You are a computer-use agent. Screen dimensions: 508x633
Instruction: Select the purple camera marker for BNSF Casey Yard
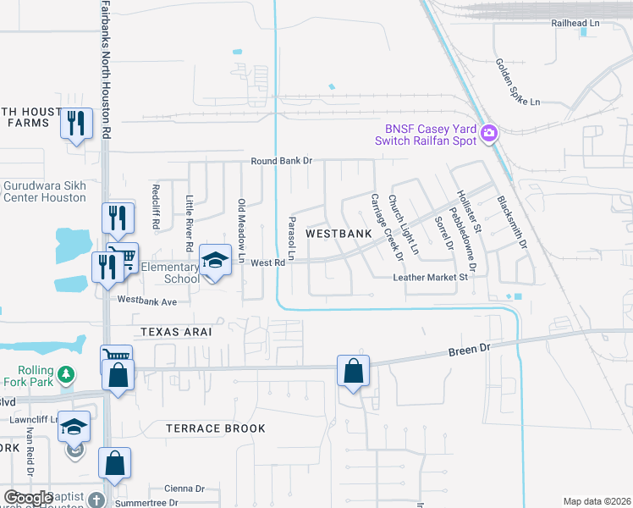pyautogui.click(x=488, y=133)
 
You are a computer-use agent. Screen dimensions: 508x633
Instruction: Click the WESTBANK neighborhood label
pyautogui.click(x=339, y=233)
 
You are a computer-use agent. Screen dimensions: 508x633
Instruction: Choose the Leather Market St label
pyautogui.click(x=430, y=277)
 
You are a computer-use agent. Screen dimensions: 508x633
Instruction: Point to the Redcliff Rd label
pyautogui.click(x=156, y=208)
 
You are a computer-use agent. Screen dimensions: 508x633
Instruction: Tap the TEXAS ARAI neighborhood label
pyautogui.click(x=175, y=333)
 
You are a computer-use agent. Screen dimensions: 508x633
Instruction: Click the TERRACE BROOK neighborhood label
pyautogui.click(x=216, y=428)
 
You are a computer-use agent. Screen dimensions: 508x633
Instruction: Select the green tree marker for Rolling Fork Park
pyautogui.click(x=65, y=373)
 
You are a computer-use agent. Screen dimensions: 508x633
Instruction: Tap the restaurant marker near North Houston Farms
pyautogui.click(x=77, y=124)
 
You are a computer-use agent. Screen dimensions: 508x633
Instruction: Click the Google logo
pyautogui.click(x=28, y=499)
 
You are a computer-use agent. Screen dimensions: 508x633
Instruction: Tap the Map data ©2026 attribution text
pyautogui.click(x=597, y=501)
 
